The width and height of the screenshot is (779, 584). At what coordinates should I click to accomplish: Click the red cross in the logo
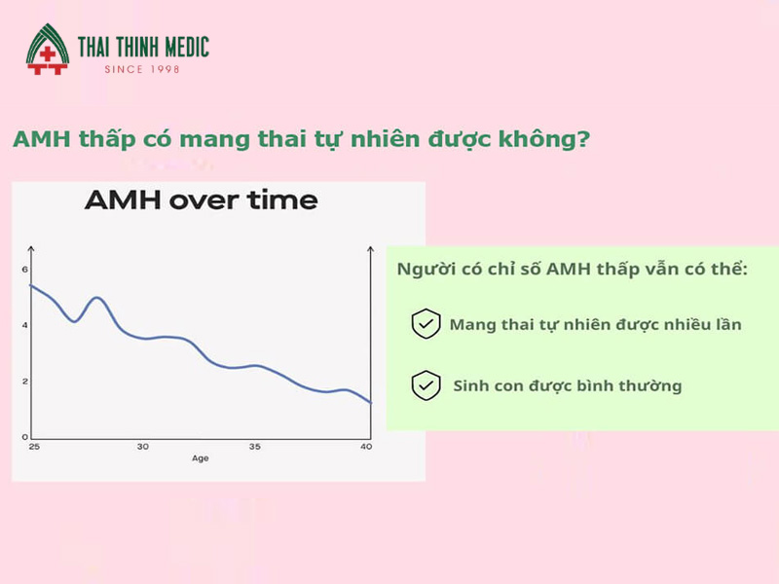click(x=47, y=54)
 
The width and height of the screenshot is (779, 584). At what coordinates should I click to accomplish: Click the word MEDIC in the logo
click(x=187, y=47)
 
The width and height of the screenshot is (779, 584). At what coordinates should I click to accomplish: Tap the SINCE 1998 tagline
click(x=141, y=69)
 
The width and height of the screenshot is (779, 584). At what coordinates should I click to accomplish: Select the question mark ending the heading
click(x=583, y=138)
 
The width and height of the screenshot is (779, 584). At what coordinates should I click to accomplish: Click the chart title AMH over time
click(x=202, y=201)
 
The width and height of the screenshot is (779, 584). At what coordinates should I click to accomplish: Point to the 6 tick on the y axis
click(x=25, y=270)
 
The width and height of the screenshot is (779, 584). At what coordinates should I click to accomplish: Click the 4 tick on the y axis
click(x=25, y=325)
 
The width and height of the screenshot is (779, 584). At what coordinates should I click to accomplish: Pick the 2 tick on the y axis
click(x=25, y=382)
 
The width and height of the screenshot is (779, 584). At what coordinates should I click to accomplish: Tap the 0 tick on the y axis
click(x=25, y=437)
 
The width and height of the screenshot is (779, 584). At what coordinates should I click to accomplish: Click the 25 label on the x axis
click(x=34, y=447)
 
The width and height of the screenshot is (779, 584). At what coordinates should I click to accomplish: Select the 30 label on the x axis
click(x=143, y=447)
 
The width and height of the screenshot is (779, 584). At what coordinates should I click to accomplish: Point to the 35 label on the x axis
click(x=255, y=447)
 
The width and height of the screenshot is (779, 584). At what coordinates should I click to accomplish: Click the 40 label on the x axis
click(x=366, y=447)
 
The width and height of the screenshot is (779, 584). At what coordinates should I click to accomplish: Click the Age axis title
click(x=201, y=458)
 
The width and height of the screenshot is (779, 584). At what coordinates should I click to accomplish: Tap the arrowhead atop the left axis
click(x=31, y=248)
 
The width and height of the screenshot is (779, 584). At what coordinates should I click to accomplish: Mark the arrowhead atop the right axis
click(x=370, y=248)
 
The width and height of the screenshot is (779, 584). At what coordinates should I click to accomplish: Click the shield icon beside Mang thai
click(x=426, y=324)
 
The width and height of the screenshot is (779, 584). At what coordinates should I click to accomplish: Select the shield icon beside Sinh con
click(x=426, y=385)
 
